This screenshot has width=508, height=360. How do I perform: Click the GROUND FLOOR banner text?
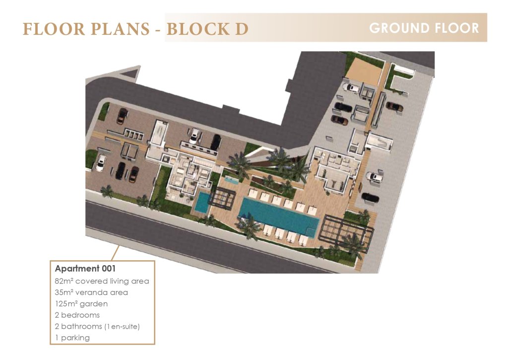click(x=424, y=28)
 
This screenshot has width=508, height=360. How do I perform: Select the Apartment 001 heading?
click(x=85, y=269)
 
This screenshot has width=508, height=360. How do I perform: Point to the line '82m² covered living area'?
click(x=102, y=281)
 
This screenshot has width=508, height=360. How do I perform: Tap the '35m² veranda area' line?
click(x=91, y=292)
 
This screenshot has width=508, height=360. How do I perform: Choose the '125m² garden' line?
click(x=81, y=303)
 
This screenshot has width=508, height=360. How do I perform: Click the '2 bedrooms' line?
click(x=77, y=315)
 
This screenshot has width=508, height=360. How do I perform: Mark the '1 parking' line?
click(x=72, y=338)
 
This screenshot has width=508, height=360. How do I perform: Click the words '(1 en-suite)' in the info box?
click(x=122, y=326)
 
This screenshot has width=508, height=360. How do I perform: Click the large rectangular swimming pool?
click(x=279, y=216)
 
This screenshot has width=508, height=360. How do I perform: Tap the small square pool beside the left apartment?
click(x=203, y=203)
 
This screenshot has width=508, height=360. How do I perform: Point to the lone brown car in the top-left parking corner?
click(x=122, y=116)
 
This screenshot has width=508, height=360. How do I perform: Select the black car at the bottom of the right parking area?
click(x=370, y=197)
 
